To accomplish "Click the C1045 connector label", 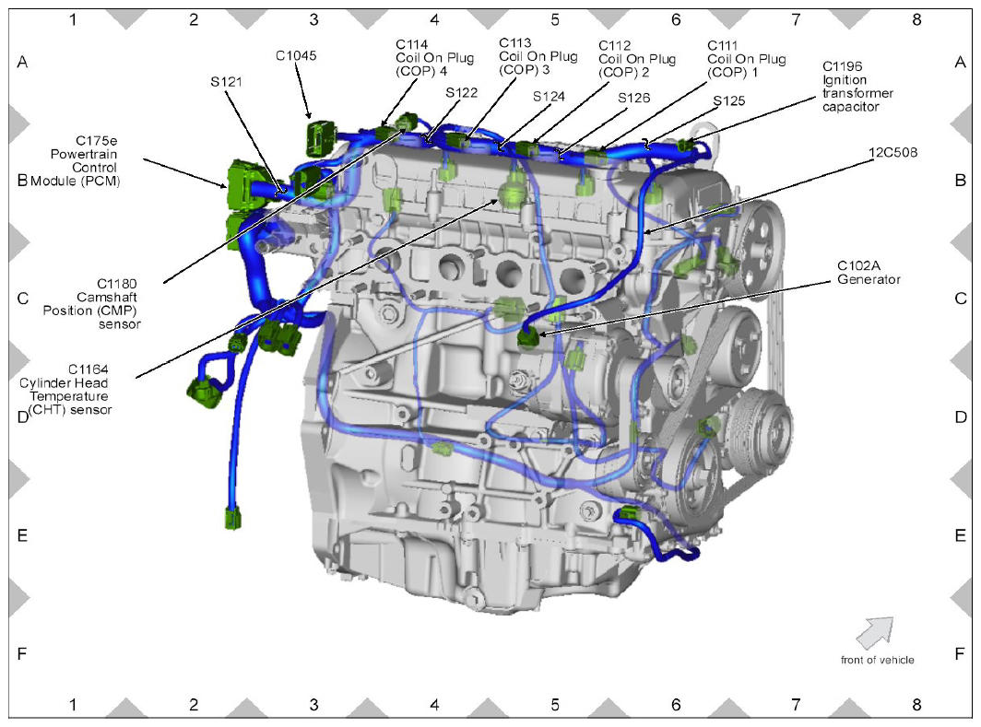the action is tap(296, 55).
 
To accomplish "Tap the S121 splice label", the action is tap(226, 81).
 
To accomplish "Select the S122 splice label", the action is tap(462, 92).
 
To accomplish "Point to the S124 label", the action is tap(549, 96).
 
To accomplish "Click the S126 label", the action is tap(633, 98).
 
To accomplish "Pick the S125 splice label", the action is tap(729, 100).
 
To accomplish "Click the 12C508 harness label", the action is tap(892, 152).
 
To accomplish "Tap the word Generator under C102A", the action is tap(869, 279).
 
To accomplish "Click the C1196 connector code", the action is tap(842, 66).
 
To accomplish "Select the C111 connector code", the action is tap(723, 45).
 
